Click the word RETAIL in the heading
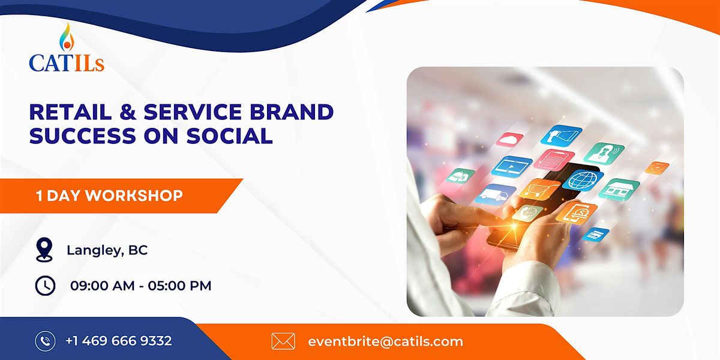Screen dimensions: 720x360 [70, 112]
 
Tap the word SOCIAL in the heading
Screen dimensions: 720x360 [229, 136]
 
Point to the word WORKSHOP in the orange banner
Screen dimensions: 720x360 [134, 196]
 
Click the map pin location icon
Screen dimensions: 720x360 [44, 250]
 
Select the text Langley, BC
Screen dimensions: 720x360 [107, 250]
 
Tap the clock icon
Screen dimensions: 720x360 [45, 286]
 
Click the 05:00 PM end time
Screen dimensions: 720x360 [179, 286]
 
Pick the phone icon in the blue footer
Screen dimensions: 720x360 [46, 341]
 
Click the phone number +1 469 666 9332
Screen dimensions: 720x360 [119, 341]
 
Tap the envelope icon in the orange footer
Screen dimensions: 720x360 [283, 341]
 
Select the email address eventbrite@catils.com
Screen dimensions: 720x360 [385, 341]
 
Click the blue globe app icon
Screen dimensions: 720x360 [583, 181]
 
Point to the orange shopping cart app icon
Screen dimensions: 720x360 [540, 188]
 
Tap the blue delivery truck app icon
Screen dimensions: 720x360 [495, 193]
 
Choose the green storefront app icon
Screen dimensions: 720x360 [619, 190]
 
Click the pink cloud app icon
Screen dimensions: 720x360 [510, 140]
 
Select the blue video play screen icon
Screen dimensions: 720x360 [511, 167]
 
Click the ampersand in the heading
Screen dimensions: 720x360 [128, 112]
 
